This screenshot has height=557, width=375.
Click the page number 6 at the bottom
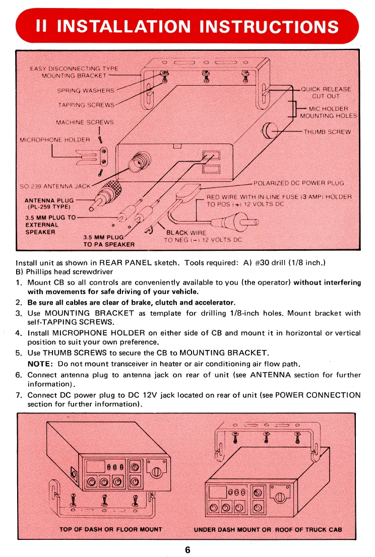pyautogui.click(x=187, y=549)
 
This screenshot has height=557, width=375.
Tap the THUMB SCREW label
pyautogui.click(x=327, y=132)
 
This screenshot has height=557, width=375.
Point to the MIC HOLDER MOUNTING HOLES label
pyautogui.click(x=328, y=112)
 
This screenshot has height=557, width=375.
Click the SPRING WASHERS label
pyautogui.click(x=86, y=91)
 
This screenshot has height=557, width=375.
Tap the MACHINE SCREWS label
pyautogui.click(x=85, y=122)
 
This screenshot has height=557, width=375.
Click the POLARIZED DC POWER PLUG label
pyautogui.click(x=299, y=183)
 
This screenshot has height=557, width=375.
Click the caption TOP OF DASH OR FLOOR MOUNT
pyautogui.click(x=111, y=529)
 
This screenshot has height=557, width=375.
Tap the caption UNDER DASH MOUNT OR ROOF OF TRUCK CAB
pyautogui.click(x=268, y=529)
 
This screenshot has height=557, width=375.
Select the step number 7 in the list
pyautogui.click(x=19, y=395)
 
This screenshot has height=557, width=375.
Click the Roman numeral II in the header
pyautogui.click(x=42, y=26)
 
